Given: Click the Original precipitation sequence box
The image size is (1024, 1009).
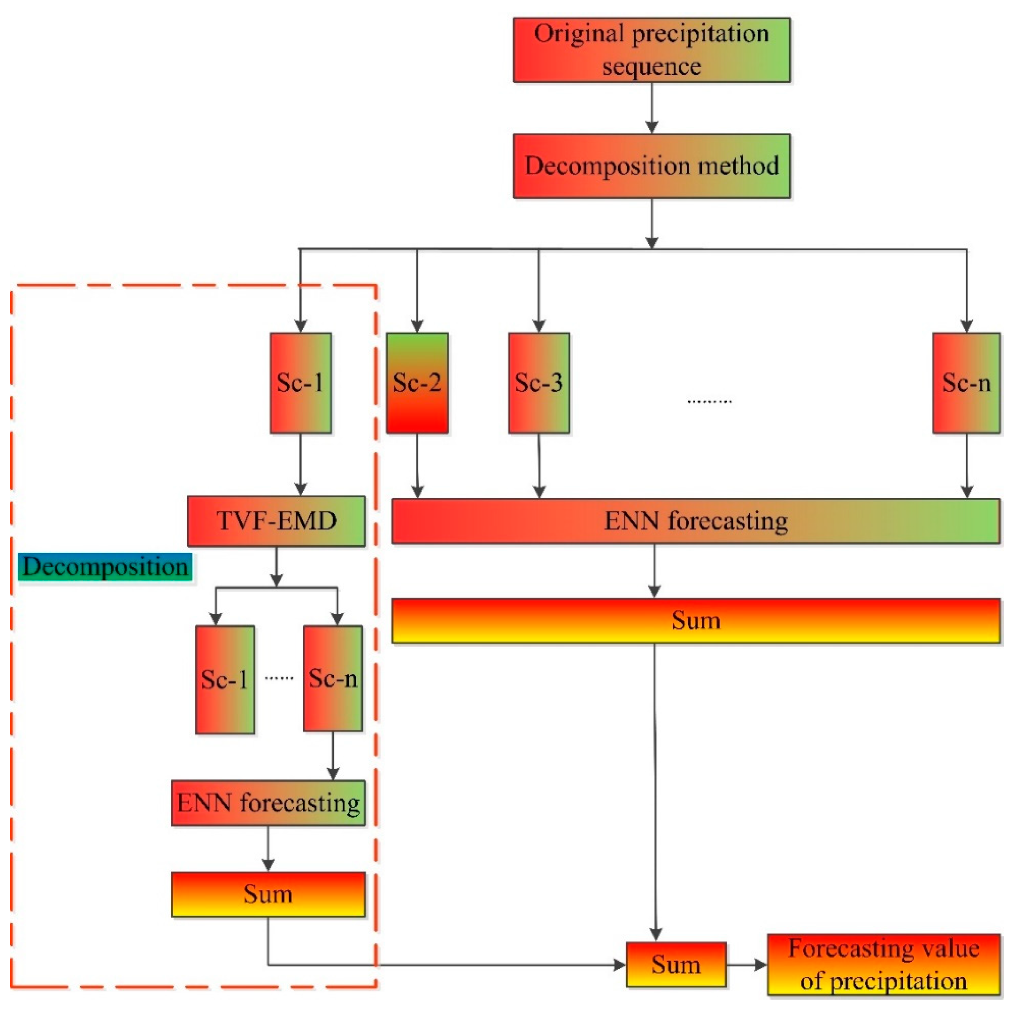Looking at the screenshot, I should pyautogui.click(x=651, y=50).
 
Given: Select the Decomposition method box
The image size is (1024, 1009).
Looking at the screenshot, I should pyautogui.click(x=651, y=166).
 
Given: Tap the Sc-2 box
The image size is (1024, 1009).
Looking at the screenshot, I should pyautogui.click(x=417, y=383).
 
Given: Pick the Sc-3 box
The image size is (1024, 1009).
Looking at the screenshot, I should pyautogui.click(x=539, y=383).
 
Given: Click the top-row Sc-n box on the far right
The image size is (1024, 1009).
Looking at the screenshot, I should pyautogui.click(x=966, y=383).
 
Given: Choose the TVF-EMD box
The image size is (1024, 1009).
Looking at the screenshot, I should pyautogui.click(x=276, y=521).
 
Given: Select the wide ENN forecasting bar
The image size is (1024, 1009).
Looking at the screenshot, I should pyautogui.click(x=696, y=521).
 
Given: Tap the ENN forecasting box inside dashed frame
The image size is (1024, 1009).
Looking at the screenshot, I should pyautogui.click(x=268, y=803).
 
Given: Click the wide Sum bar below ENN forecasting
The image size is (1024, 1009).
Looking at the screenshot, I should pyautogui.click(x=696, y=620).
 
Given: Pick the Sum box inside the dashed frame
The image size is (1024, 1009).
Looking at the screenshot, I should pyautogui.click(x=268, y=895).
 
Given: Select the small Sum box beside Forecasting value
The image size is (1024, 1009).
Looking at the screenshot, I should pyautogui.click(x=676, y=964).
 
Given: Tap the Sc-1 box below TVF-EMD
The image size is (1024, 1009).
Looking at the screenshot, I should pyautogui.click(x=225, y=679).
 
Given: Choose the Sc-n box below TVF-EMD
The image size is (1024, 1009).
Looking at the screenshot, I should pyautogui.click(x=333, y=678).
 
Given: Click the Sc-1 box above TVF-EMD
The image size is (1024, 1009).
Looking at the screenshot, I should pyautogui.click(x=301, y=383).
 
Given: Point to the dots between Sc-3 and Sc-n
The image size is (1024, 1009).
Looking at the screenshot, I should pyautogui.click(x=709, y=402).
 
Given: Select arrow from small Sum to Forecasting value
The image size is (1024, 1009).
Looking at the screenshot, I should pyautogui.click(x=746, y=964).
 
